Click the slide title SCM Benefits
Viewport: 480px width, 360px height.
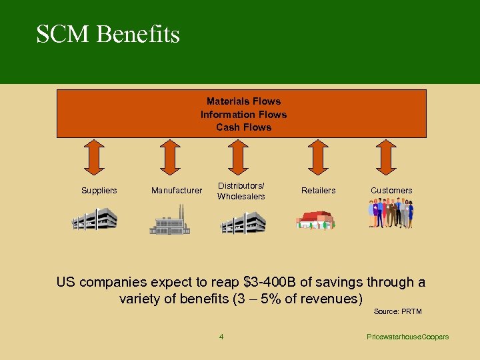[x=108, y=34]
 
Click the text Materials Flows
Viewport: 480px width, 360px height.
[x=243, y=101]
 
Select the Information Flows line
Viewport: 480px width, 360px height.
[x=243, y=114]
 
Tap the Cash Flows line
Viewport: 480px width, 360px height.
[x=243, y=127]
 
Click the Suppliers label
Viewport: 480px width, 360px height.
[x=99, y=191]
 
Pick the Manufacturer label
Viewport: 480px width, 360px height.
[x=176, y=191]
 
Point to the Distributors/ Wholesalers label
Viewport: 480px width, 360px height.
[x=241, y=191]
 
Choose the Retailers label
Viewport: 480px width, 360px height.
[x=318, y=191]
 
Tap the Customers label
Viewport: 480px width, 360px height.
[x=391, y=191]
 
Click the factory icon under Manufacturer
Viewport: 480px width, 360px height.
[x=170, y=221]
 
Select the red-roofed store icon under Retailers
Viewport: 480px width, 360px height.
[x=315, y=221]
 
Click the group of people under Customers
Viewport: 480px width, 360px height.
[x=391, y=214]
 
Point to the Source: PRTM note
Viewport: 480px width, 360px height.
[x=397, y=311]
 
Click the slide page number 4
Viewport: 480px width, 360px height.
[x=221, y=337]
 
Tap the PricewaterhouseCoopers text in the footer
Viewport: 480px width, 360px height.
[x=408, y=337]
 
